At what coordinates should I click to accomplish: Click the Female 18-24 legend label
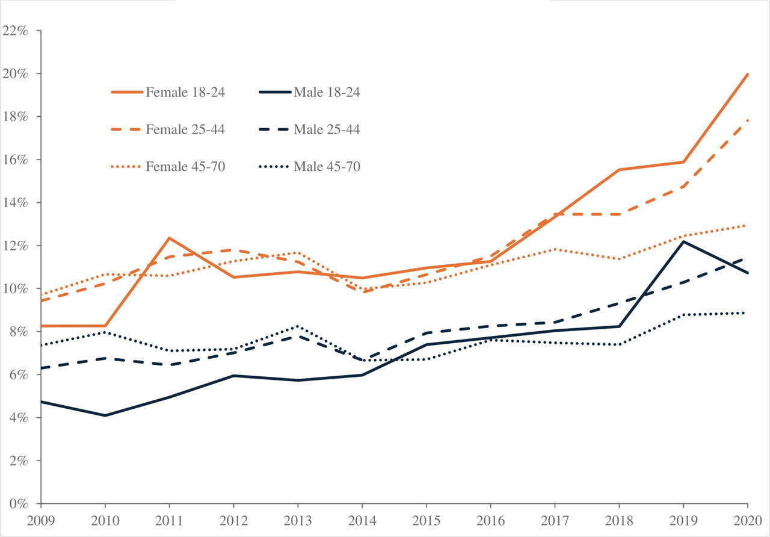(185, 92)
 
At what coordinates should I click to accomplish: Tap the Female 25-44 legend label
(185, 129)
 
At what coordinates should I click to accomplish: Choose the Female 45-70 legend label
(185, 166)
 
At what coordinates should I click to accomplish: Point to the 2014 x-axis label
(362, 520)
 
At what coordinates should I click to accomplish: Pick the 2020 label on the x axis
(747, 520)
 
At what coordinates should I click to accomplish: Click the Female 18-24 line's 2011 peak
(170, 238)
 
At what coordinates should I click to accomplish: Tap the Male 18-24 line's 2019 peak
(683, 241)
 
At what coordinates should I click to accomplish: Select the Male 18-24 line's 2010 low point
(105, 415)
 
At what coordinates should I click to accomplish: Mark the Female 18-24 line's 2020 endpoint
(748, 74)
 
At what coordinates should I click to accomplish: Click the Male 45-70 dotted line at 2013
(298, 326)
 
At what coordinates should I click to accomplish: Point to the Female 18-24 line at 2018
(619, 170)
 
